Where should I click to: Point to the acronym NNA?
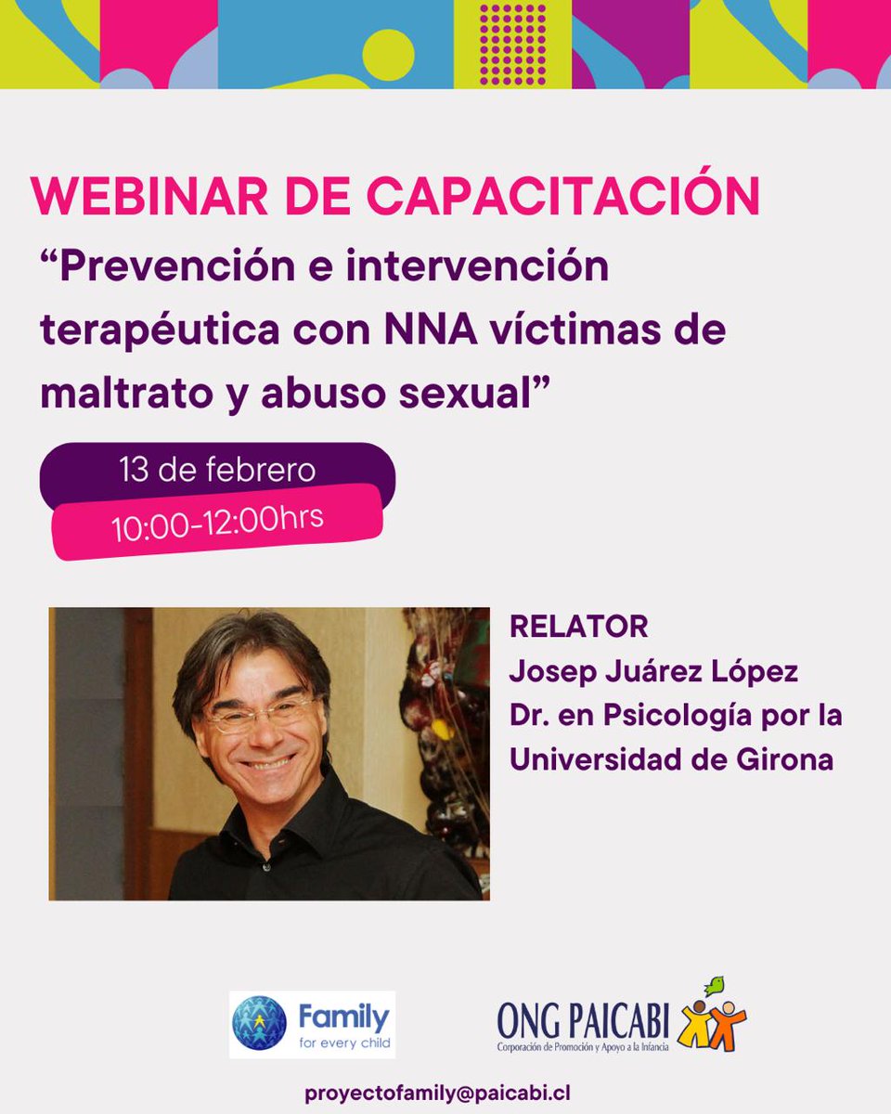[414, 330]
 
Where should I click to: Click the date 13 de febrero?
[216, 470]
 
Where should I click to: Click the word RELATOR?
[578, 627]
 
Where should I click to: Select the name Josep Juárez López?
[653, 671]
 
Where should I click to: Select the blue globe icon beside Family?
[259, 1023]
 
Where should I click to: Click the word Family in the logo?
[343, 1017]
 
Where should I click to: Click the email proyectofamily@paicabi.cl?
[445, 1093]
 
